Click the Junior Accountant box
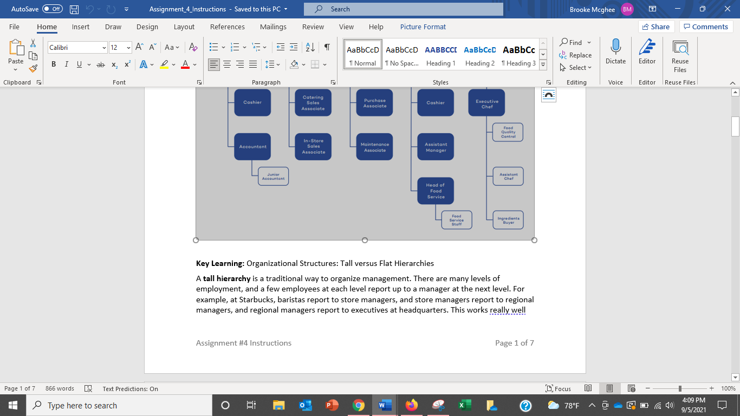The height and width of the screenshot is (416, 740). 273,176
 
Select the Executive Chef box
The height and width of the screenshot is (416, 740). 486,103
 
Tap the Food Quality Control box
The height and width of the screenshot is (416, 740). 508,132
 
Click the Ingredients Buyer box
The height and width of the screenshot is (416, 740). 508,220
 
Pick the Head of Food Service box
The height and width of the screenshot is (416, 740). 436,191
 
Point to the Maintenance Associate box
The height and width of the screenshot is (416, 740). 374,147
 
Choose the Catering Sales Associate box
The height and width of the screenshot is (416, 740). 313,103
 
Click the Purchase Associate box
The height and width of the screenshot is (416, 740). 374,103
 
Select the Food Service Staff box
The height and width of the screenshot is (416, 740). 456,220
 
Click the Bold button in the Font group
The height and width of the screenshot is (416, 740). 54,64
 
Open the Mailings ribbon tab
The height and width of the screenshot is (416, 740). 273,27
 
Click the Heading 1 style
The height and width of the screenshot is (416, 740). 440,54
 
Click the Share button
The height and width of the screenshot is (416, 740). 655,27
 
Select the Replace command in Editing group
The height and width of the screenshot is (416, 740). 576,55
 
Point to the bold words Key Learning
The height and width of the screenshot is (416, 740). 220,264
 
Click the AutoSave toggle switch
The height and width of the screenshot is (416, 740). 53,9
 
